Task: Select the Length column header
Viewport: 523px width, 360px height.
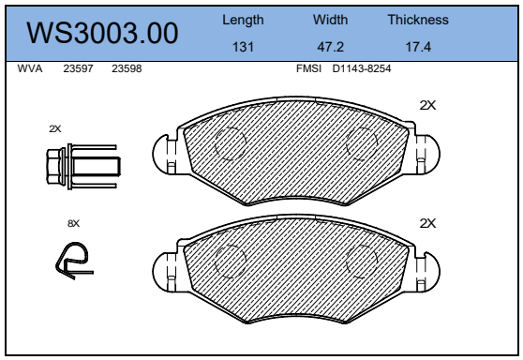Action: click(243, 19)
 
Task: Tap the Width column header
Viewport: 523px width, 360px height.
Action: click(329, 19)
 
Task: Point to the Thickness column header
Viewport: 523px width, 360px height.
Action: click(417, 19)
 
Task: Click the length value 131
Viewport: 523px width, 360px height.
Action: click(243, 46)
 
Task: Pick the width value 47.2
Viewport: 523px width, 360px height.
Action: click(329, 46)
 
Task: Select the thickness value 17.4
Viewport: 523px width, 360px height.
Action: click(417, 46)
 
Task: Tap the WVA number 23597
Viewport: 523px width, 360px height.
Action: click(78, 68)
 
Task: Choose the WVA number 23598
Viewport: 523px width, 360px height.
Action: click(127, 68)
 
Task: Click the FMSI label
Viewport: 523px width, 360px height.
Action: click(308, 68)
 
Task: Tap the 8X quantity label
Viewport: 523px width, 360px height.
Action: click(74, 223)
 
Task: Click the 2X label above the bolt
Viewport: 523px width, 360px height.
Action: click(55, 128)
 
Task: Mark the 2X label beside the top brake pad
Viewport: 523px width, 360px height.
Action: click(427, 106)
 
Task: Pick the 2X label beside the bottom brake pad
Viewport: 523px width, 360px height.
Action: click(427, 223)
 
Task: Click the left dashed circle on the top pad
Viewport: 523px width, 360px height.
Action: click(230, 143)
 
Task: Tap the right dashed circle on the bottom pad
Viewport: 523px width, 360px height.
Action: click(362, 263)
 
